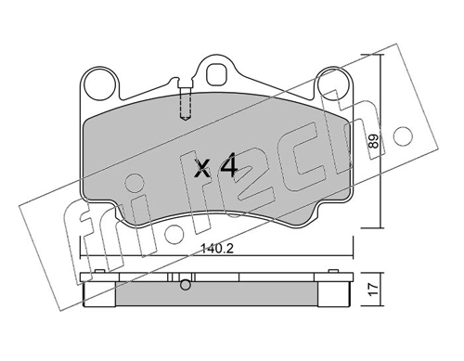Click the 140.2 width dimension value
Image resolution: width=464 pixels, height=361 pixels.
(x=216, y=248)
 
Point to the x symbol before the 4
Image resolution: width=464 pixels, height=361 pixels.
(x=204, y=170)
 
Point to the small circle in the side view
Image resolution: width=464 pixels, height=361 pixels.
(x=187, y=285)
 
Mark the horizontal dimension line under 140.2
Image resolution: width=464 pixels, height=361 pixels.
(x=215, y=257)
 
